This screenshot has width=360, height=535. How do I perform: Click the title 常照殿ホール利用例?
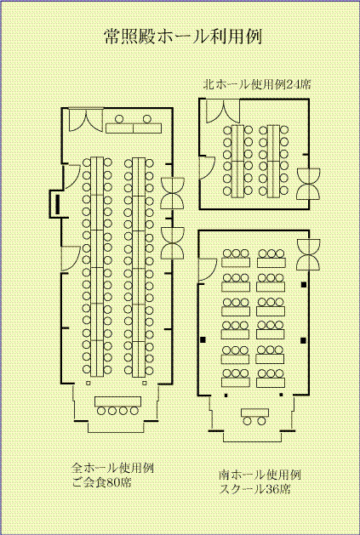coord(183,37)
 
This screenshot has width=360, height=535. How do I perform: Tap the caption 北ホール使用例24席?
coord(257,84)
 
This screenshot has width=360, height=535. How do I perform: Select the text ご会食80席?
coord(101,483)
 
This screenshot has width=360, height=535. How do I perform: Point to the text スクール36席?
coord(254,490)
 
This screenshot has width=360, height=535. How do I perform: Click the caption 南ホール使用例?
coord(260,475)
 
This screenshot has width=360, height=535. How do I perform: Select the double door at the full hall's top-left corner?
coord(86,120)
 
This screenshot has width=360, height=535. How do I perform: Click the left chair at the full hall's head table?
coord(119,119)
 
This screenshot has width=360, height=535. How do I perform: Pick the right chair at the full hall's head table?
coord(147,119)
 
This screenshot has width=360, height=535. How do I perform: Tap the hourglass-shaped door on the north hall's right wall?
coord(308,184)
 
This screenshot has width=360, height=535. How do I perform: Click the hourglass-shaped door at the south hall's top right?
coord(308,254)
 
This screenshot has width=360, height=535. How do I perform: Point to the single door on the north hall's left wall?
coord(208,168)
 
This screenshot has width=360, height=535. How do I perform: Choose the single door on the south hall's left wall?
coord(207,270)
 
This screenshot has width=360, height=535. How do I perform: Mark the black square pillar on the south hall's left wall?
coord(203,340)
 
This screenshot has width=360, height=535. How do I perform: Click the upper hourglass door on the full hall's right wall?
coord(172,193)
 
